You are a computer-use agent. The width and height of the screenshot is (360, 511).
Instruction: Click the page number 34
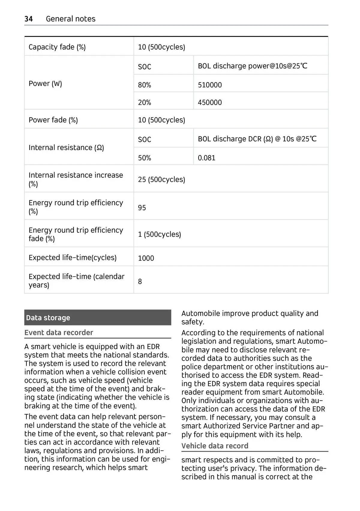[28, 19]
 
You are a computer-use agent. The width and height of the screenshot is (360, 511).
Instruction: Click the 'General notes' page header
[70, 19]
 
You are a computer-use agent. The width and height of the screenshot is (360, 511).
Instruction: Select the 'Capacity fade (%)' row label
[57, 47]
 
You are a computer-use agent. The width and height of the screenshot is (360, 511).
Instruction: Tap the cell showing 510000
[210, 85]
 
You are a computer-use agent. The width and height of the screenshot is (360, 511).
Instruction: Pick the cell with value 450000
[210, 102]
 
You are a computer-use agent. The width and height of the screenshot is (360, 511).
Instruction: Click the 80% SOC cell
[144, 85]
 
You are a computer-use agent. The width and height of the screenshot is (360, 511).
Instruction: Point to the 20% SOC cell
[144, 102]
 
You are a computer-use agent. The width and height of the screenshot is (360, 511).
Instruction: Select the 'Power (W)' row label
[45, 83]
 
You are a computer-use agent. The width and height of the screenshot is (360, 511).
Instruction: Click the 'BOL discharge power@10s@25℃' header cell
[253, 66]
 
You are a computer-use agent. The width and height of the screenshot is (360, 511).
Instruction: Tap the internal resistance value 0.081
[206, 158]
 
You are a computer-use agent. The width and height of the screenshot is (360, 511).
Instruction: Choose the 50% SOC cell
[144, 158]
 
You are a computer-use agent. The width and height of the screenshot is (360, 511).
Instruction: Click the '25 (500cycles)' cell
[161, 179]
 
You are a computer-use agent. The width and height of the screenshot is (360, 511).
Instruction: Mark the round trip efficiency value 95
[142, 208]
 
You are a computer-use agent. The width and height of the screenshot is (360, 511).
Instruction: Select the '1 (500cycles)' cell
[159, 234]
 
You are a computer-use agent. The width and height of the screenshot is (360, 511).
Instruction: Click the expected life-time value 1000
[146, 258]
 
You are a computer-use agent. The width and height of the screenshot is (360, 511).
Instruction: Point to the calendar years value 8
[140, 281]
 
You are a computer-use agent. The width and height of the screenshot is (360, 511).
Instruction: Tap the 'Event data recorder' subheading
[58, 332]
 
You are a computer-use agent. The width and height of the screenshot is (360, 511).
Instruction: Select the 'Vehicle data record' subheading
[215, 446]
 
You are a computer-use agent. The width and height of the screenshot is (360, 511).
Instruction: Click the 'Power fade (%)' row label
[53, 120]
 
